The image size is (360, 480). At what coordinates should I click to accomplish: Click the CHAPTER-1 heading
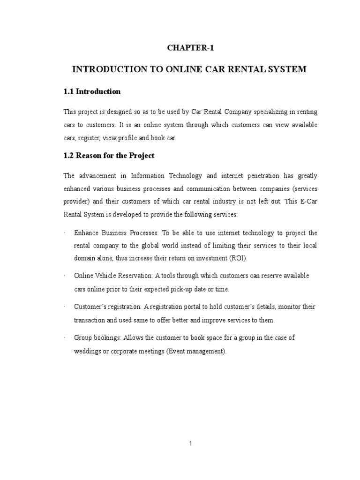pyautogui.click(x=190, y=47)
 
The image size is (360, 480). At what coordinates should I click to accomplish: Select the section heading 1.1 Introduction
pyautogui.click(x=92, y=91)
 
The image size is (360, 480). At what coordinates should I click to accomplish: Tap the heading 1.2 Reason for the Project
pyautogui.click(x=109, y=155)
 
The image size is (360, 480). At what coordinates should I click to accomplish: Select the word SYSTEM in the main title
pyautogui.click(x=287, y=69)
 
